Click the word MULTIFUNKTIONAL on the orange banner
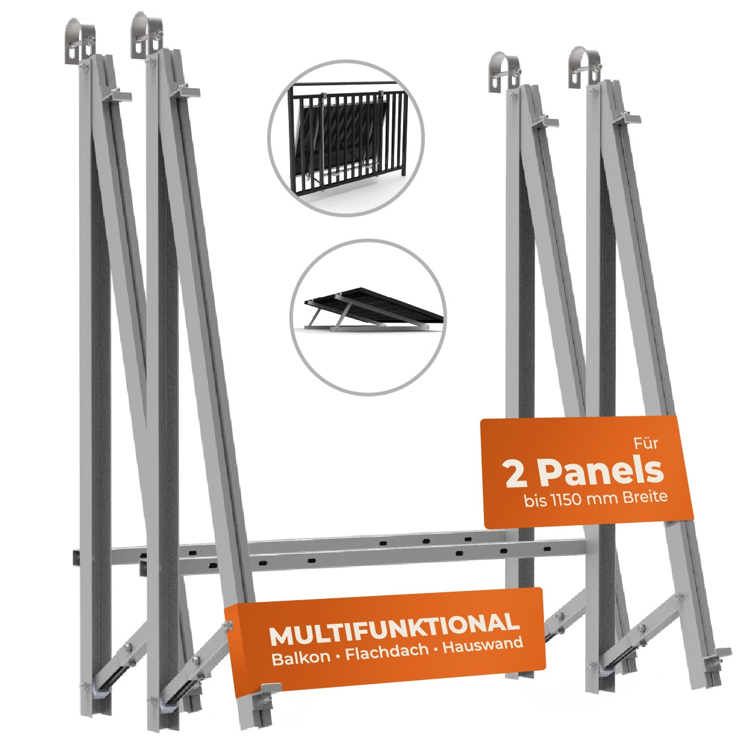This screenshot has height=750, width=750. pyautogui.click(x=395, y=635)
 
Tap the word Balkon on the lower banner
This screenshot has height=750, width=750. pyautogui.click(x=301, y=659)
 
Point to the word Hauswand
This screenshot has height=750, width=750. pyautogui.click(x=483, y=649)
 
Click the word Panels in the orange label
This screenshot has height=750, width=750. pyautogui.click(x=602, y=473)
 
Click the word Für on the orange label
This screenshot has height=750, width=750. pyautogui.click(x=646, y=444)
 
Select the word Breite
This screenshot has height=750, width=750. pyautogui.click(x=645, y=497)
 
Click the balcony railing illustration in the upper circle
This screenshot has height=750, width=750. pyautogui.click(x=348, y=138)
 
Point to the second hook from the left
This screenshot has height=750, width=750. pyautogui.click(x=146, y=36)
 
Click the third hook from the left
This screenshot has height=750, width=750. pyautogui.click(x=505, y=70)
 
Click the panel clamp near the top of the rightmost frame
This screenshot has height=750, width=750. pyautogui.click(x=626, y=117)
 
